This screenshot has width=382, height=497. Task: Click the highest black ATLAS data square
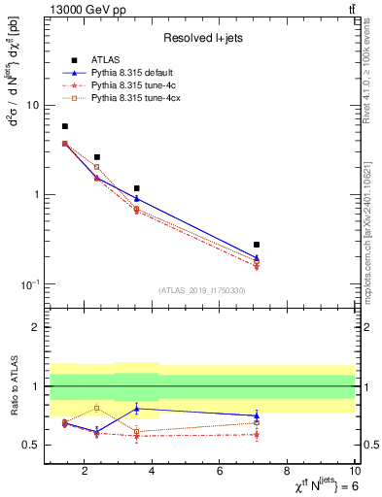[65, 126]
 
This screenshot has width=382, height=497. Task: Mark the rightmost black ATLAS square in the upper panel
[257, 245]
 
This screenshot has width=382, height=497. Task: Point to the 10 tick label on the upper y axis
[31, 105]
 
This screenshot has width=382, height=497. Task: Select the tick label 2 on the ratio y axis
[36, 328]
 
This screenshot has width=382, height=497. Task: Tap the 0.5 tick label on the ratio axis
[31, 445]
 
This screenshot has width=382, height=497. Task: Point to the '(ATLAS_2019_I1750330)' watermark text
[201, 290]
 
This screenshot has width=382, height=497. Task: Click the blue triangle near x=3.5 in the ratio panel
[137, 409]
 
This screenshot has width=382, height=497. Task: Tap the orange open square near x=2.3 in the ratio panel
[96, 408]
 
